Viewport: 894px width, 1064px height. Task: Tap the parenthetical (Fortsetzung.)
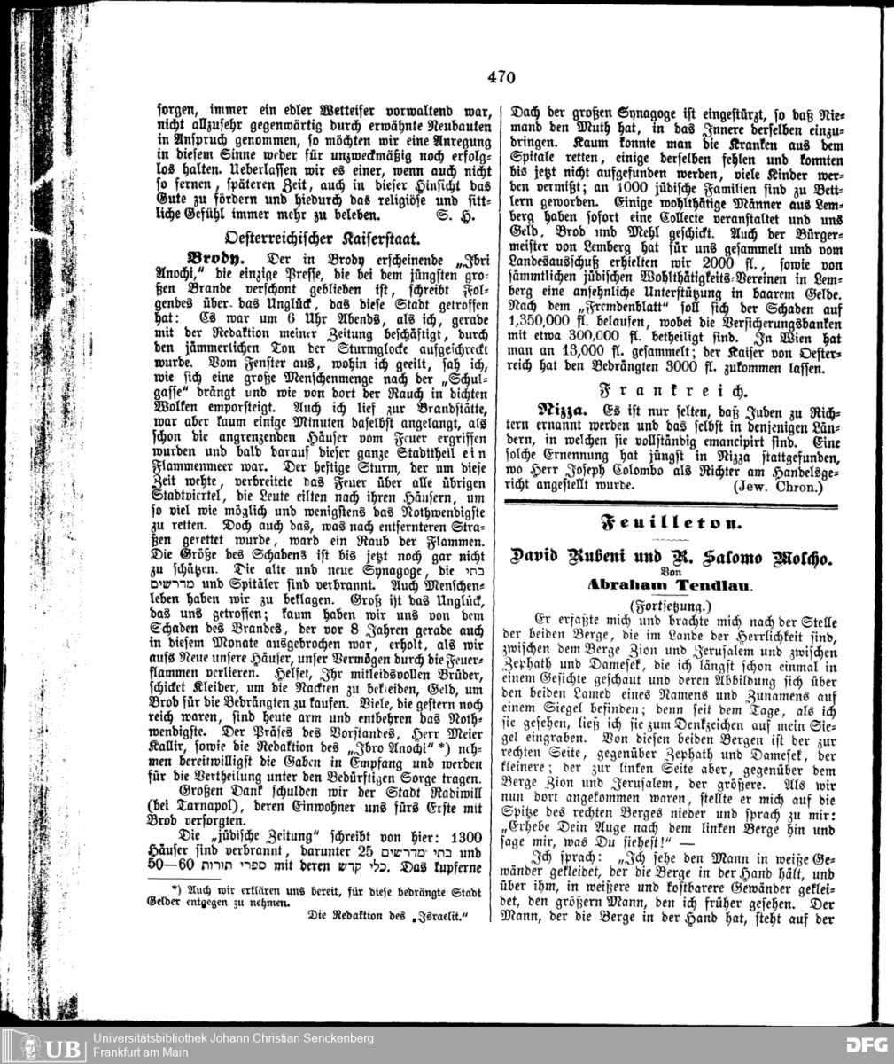(669, 604)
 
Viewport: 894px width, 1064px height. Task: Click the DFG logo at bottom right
(859, 1046)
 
